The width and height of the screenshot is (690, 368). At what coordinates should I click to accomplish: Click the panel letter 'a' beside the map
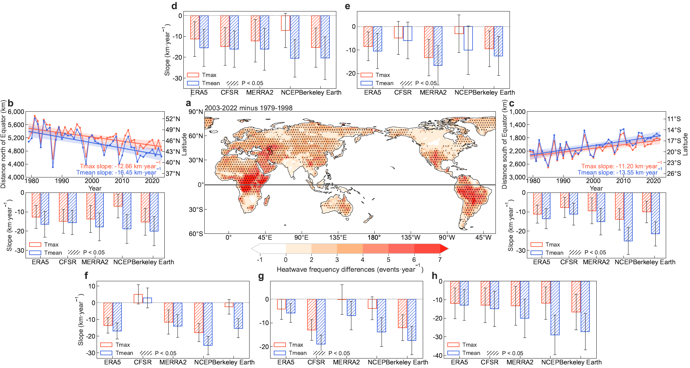188,103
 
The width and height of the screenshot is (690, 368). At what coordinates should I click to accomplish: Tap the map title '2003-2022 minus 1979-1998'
248,108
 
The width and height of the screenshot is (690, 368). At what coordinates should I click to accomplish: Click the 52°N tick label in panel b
173,119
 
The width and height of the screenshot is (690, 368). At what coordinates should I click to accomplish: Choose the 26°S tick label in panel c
674,174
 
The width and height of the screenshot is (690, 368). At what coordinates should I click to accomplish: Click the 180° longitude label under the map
374,237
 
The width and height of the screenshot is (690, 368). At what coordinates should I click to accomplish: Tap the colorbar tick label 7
440,260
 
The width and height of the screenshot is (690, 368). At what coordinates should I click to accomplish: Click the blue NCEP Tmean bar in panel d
295,37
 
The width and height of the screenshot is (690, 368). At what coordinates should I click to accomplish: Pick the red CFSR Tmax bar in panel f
138,299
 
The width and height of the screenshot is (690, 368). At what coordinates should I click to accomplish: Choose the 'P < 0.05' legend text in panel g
339,353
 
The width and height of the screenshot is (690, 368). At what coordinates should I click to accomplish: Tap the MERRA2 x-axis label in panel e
433,92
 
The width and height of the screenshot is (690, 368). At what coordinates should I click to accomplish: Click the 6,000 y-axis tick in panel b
16,112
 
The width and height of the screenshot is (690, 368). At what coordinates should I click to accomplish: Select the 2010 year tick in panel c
623,181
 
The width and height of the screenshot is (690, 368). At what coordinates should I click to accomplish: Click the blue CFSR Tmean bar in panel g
321,322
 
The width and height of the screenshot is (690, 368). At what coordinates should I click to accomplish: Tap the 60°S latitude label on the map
196,234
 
